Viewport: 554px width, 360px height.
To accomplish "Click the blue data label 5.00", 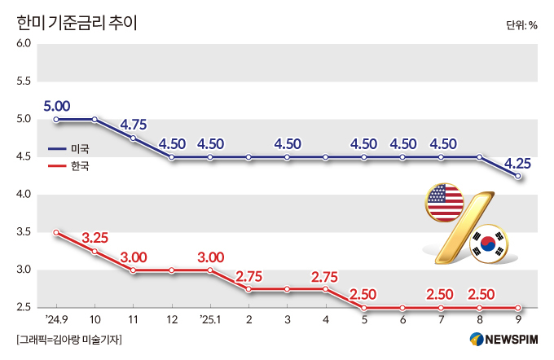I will point(57,105).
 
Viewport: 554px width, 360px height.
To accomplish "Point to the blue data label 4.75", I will point(133,125).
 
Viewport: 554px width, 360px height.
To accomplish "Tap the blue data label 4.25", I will point(517,163).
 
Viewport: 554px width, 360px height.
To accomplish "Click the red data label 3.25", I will point(95,238).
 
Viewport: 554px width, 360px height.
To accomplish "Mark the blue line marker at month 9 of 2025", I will point(518,175).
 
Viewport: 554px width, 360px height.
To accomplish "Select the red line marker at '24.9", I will point(56,232).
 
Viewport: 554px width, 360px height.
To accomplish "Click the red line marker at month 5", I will point(364,308).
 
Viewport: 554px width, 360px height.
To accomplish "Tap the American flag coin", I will point(445,203).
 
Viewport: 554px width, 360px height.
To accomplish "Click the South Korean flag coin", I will point(488,242).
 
